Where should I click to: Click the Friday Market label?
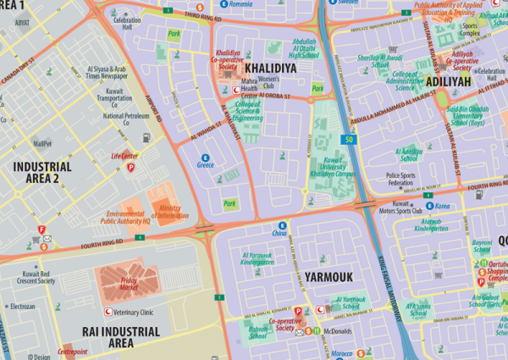click(x=122, y=284)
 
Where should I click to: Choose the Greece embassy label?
click(x=205, y=164)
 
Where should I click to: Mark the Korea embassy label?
click(x=440, y=206)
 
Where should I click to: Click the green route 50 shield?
click(x=347, y=138)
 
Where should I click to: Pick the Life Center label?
click(x=124, y=156)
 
